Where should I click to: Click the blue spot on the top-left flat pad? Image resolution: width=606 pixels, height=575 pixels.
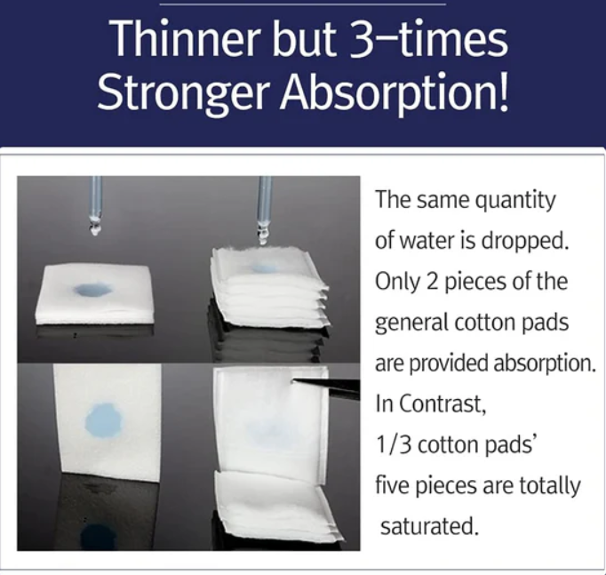click(x=92, y=290)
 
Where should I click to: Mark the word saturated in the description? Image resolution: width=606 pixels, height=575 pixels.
click(x=429, y=526)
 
